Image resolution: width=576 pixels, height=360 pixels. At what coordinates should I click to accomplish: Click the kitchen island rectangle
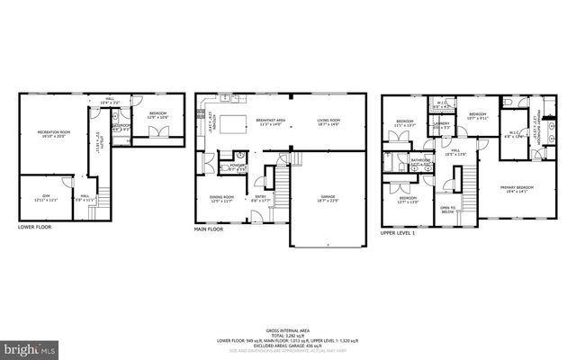point(235,122)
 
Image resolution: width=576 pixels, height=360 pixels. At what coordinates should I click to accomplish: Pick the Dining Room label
point(221,198)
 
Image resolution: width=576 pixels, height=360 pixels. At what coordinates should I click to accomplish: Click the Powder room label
point(238,166)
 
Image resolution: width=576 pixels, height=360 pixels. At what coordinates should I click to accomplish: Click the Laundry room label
point(441,126)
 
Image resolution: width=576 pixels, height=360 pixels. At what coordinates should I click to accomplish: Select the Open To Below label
point(447,210)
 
